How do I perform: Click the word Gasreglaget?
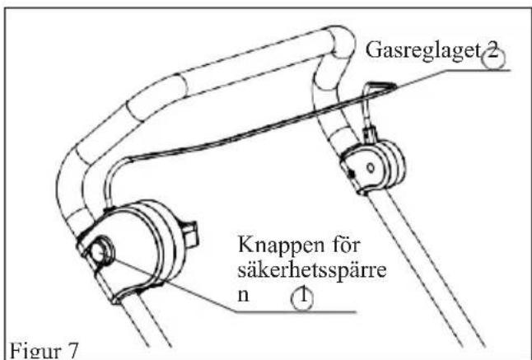point(423,51)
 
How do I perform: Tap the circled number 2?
point(493,57)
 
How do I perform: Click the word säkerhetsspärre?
point(312,269)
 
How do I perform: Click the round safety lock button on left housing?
point(102,254)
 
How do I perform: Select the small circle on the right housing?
point(371,167)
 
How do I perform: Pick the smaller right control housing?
point(373,166)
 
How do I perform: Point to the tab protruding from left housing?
point(189,233)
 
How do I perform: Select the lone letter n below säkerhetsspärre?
point(243,295)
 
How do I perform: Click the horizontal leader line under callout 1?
point(296,311)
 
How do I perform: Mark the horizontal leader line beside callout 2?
point(478,70)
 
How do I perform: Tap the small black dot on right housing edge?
point(352,174)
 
